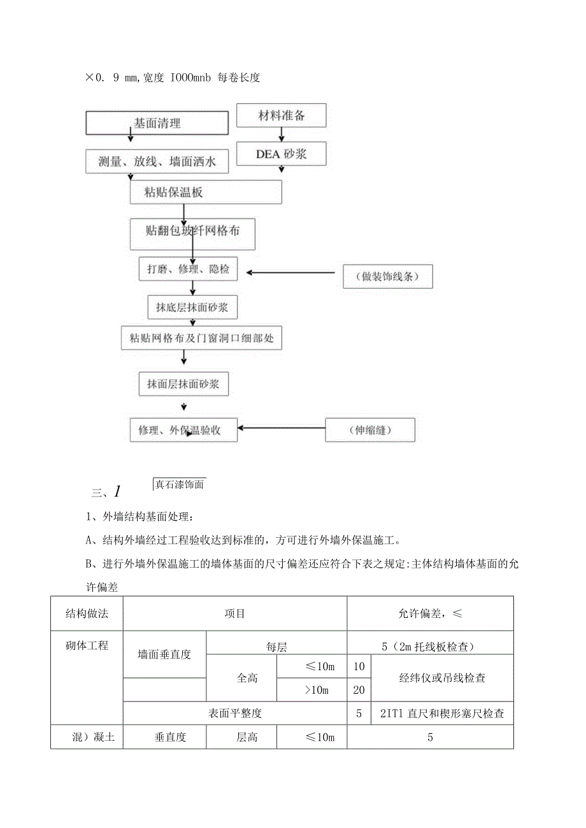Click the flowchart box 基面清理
pyautogui.click(x=157, y=123)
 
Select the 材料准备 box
pyautogui.click(x=281, y=116)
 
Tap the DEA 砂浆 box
pyautogui.click(x=281, y=154)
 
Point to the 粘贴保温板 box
pyautogui.click(x=206, y=192)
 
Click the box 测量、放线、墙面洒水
pyautogui.click(x=157, y=162)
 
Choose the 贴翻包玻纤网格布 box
pyautogui.click(x=192, y=234)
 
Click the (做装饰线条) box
pyautogui.click(x=388, y=277)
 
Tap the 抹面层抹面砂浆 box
pyautogui.click(x=183, y=384)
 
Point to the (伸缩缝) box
pyautogui.click(x=370, y=430)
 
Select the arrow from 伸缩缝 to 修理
pyautogui.click(x=282, y=428)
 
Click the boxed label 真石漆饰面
pyautogui.click(x=179, y=485)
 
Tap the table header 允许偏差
pyautogui.click(x=430, y=614)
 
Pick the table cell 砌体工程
pyautogui.click(x=87, y=646)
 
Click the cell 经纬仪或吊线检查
pyautogui.click(x=442, y=678)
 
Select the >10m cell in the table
pyautogui.click(x=311, y=691)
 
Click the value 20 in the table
pyautogui.click(x=359, y=691)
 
